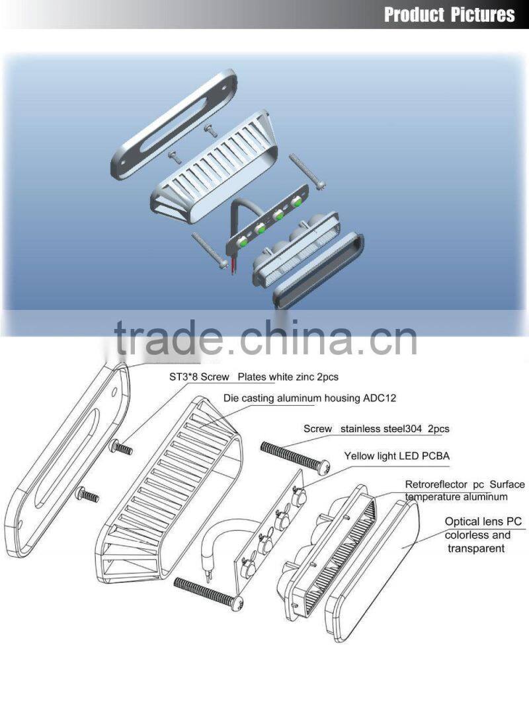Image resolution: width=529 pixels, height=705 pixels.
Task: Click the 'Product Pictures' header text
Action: (x=449, y=15)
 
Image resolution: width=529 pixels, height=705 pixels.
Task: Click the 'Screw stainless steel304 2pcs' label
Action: (x=376, y=429)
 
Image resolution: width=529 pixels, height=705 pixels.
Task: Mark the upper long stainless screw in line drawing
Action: (x=294, y=457)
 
